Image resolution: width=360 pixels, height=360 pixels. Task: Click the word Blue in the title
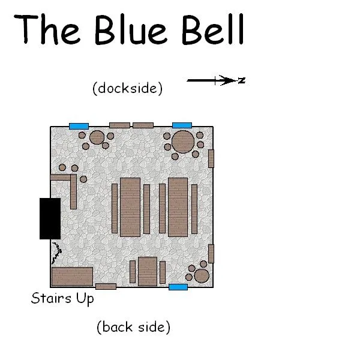[x=131, y=29]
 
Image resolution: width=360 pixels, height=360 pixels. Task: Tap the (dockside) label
[x=127, y=88]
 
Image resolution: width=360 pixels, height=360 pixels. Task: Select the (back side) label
[x=133, y=327]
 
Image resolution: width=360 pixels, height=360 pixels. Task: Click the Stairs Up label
[x=62, y=298]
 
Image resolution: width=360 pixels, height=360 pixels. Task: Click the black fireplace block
[x=50, y=218]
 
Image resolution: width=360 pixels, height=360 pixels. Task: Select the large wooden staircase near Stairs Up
[x=73, y=277]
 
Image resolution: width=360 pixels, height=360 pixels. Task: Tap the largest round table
[x=183, y=142]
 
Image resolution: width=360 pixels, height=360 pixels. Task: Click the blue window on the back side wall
[x=178, y=287]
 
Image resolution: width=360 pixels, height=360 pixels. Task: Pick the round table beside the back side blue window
[x=202, y=276]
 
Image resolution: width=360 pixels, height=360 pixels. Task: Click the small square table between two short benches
[x=148, y=271]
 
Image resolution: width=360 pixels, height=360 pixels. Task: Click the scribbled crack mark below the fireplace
[x=57, y=253]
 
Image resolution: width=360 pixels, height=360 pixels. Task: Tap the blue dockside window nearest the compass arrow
[x=182, y=125]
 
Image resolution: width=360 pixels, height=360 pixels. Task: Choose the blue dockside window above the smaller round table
[x=79, y=126]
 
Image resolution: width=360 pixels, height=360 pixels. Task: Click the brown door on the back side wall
[x=106, y=286]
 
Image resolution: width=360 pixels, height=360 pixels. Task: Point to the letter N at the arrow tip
[x=242, y=80]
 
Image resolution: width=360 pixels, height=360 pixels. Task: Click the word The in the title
[x=47, y=29]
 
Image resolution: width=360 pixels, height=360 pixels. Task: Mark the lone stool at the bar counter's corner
[x=83, y=179]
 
